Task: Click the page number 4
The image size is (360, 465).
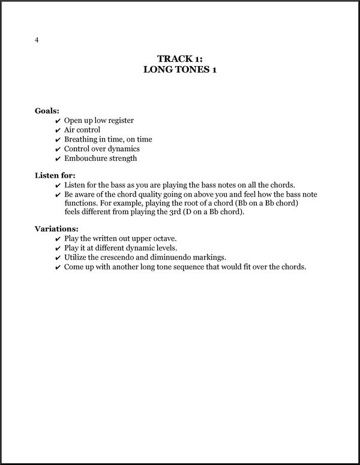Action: [37, 41]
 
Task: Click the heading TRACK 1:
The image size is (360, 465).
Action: [179, 58]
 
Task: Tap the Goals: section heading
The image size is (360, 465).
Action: [47, 111]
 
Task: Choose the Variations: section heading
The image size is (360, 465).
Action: [56, 229]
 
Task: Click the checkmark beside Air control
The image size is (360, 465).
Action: [58, 130]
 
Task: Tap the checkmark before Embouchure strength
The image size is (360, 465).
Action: [58, 159]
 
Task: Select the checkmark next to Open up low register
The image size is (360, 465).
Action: [58, 121]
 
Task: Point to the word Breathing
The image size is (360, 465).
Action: [82, 140]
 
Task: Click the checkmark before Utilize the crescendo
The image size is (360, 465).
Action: [58, 258]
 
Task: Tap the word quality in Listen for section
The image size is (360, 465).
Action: [157, 195]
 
